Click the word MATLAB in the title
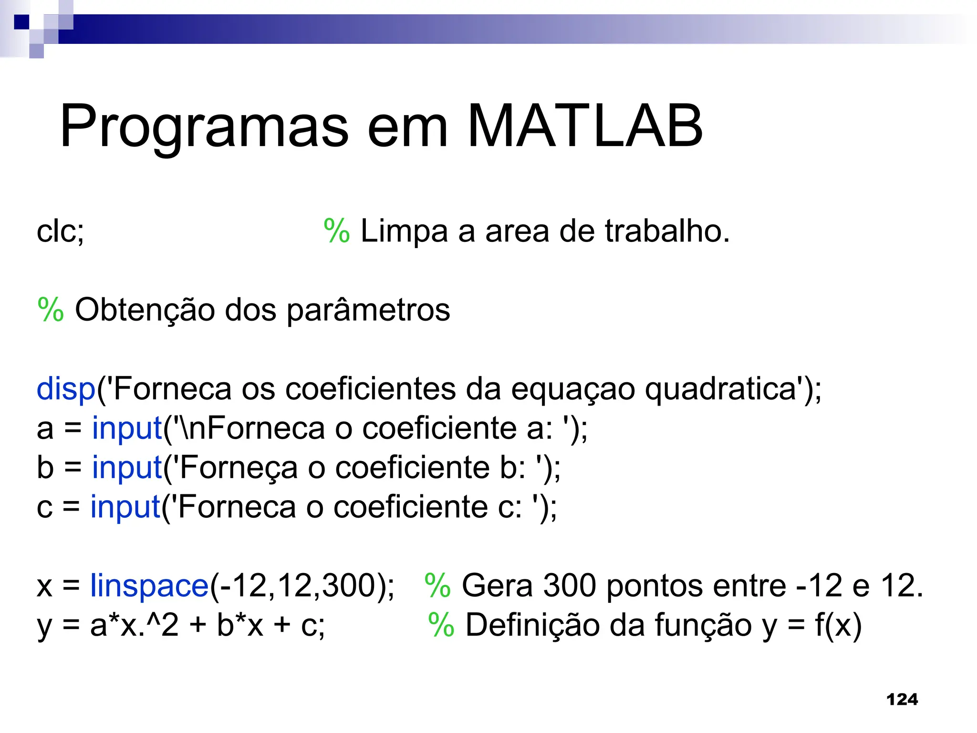click(x=585, y=126)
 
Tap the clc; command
click(x=60, y=231)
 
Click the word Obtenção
click(x=145, y=310)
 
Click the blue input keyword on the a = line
click(x=127, y=428)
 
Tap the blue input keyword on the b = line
click(x=127, y=467)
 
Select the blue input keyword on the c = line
click(x=125, y=506)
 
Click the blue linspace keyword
click(x=149, y=586)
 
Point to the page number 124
click(x=902, y=699)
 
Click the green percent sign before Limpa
click(x=336, y=231)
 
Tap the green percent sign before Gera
click(x=437, y=586)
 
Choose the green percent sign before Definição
click(x=441, y=625)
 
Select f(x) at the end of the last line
click(x=838, y=625)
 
